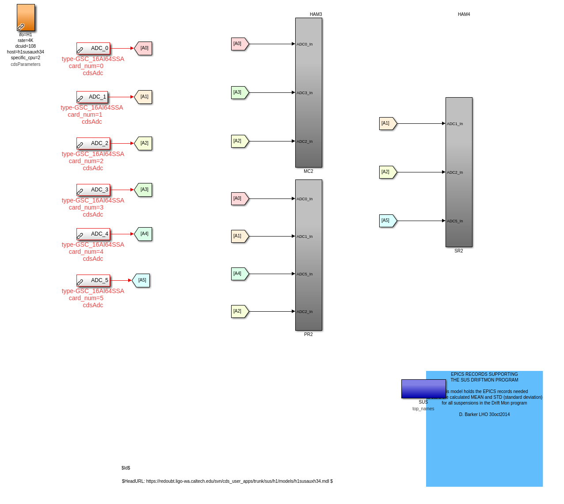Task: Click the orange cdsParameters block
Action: point(26,18)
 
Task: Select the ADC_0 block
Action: point(93,49)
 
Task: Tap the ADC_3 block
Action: point(93,190)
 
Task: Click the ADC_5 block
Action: point(93,281)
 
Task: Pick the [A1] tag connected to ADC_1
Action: point(144,97)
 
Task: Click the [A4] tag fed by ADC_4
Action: point(144,234)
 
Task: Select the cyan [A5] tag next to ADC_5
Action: point(141,280)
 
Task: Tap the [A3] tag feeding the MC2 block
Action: point(239,92)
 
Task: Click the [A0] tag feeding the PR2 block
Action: point(239,199)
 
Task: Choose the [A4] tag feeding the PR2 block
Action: point(239,274)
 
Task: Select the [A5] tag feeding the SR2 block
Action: point(387,221)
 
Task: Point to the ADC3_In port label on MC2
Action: point(305,93)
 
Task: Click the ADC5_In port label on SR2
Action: point(455,221)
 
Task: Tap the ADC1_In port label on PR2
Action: point(305,237)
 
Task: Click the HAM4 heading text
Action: point(464,15)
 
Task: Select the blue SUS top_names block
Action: point(423,389)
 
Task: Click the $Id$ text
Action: point(126,468)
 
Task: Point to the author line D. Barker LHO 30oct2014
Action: point(484,415)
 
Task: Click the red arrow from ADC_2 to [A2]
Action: point(122,143)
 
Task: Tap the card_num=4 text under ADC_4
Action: point(86,252)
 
